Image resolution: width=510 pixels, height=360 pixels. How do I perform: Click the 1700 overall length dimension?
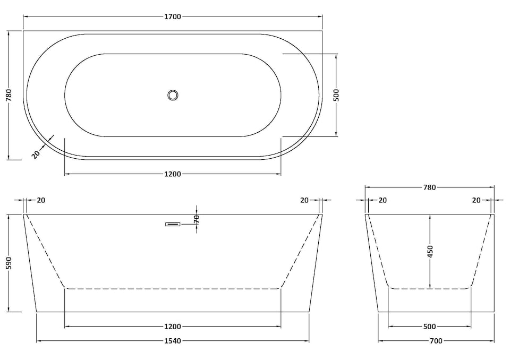tap(173, 16)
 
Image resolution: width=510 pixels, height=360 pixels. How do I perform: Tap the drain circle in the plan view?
tap(173, 95)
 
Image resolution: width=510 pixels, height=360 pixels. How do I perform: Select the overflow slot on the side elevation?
tap(173, 224)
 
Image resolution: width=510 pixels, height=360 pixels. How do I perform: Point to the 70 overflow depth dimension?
tap(197, 219)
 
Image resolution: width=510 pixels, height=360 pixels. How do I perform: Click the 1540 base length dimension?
tap(173, 341)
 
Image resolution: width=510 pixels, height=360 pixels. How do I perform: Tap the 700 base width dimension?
tap(436, 341)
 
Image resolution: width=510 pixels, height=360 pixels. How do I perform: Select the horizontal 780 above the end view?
tap(429, 187)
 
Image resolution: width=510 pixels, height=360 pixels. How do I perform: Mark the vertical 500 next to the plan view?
tap(336, 95)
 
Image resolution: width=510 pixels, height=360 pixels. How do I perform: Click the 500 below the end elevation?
tap(429, 327)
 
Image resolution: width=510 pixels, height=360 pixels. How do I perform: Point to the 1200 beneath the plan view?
tap(173, 174)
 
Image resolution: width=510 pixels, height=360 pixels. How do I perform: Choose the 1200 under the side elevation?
tap(173, 327)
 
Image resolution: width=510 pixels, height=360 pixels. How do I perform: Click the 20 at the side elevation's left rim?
tap(41, 200)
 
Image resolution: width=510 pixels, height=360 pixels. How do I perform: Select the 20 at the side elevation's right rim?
tap(304, 200)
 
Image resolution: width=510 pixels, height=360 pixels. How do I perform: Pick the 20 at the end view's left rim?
tap(382, 200)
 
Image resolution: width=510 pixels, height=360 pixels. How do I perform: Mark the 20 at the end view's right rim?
tap(477, 200)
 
